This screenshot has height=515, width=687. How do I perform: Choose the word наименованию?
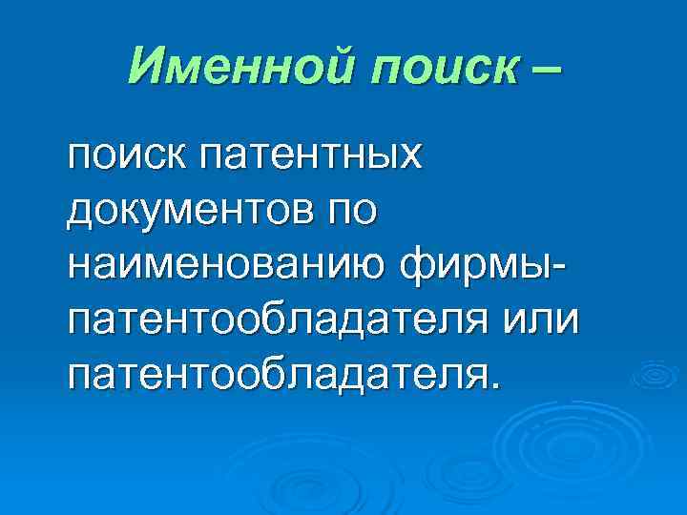pyautogui.click(x=230, y=261)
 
